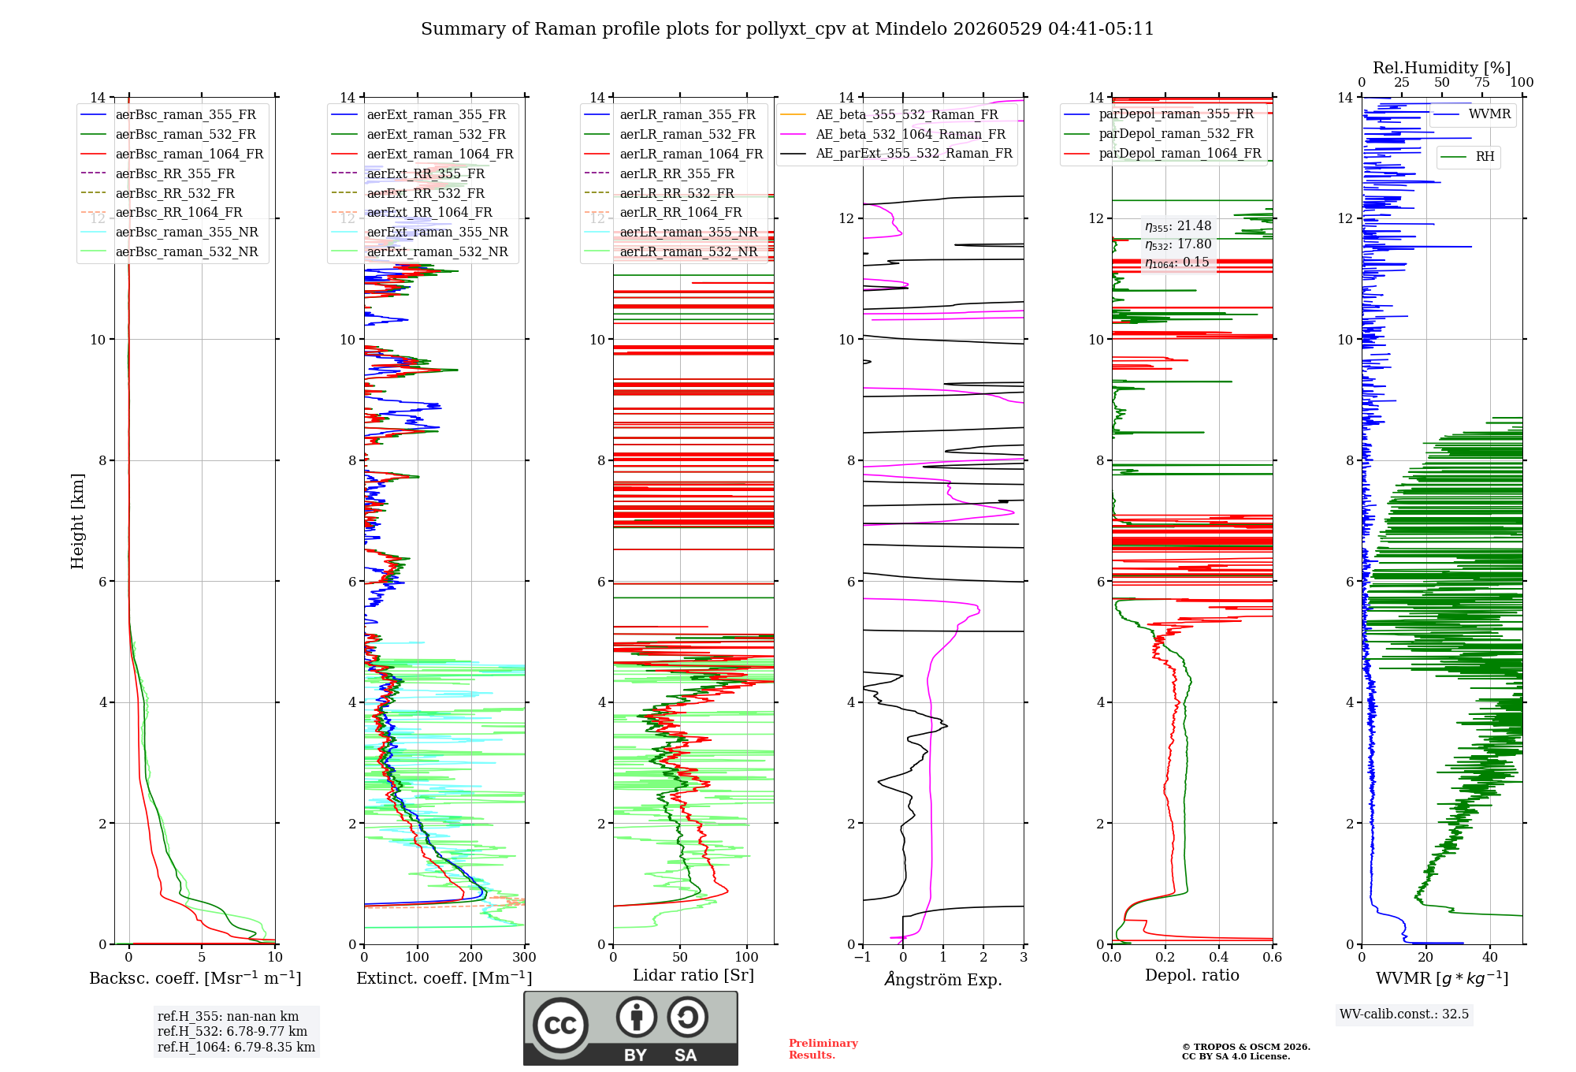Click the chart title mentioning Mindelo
[x=787, y=29]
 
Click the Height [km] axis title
[x=77, y=521]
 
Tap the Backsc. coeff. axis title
[x=195, y=978]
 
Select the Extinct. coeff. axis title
[x=444, y=978]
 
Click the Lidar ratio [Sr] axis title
[x=693, y=975]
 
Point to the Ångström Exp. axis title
[x=943, y=979]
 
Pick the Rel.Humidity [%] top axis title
[x=1442, y=68]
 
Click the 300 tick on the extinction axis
[x=525, y=957]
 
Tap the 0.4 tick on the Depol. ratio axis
[x=1219, y=957]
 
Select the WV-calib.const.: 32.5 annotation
[x=1404, y=1014]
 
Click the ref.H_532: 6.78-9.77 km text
[x=232, y=1031]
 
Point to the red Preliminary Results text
[x=823, y=1049]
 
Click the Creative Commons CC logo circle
[x=560, y=1025]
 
